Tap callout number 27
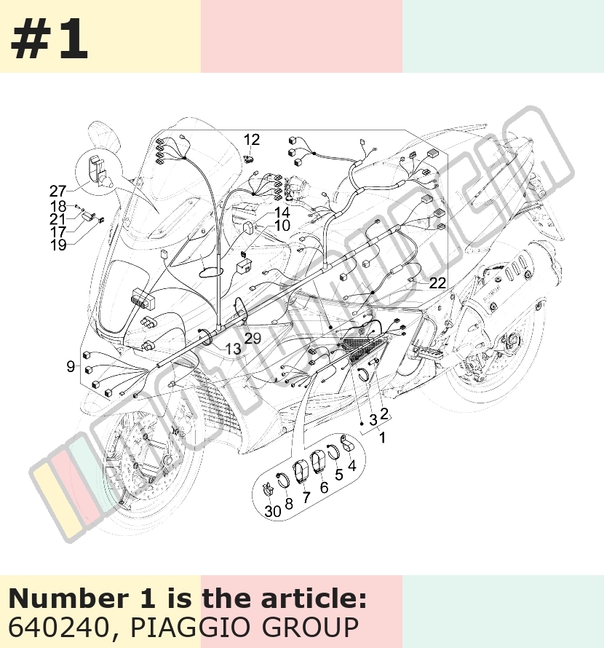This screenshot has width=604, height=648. (57, 191)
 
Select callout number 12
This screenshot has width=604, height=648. (251, 140)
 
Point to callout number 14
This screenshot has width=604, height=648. (282, 213)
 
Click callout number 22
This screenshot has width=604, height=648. (437, 282)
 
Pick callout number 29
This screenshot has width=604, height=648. (253, 338)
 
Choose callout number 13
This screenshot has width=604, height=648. (233, 349)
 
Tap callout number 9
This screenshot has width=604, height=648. (71, 366)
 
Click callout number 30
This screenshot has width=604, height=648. (273, 511)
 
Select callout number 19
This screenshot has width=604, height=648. (58, 245)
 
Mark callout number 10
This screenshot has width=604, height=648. (282, 226)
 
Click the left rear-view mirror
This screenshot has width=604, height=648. (104, 135)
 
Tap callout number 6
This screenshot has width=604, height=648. (324, 488)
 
